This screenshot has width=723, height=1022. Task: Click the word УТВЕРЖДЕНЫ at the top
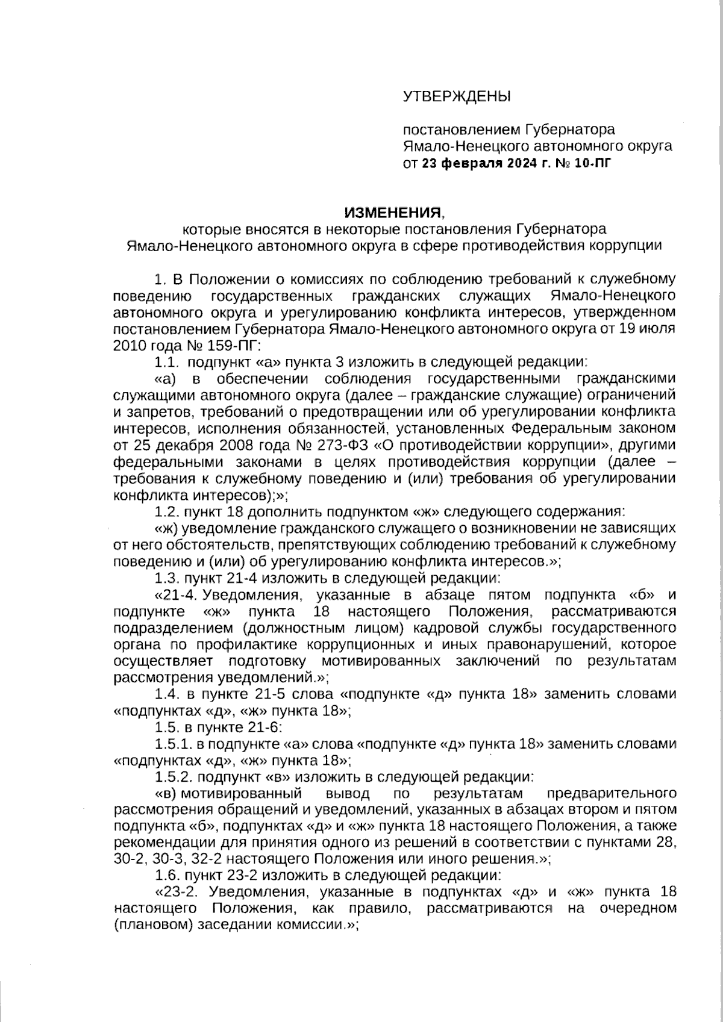coord(456,96)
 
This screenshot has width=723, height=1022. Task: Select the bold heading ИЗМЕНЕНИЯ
coord(393,213)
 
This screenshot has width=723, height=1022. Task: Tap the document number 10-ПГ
coord(593,163)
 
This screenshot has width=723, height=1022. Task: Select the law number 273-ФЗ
coord(336,446)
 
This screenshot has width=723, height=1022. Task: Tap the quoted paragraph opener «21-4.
coord(177,595)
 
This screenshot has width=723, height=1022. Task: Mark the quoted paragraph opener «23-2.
coord(177,891)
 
